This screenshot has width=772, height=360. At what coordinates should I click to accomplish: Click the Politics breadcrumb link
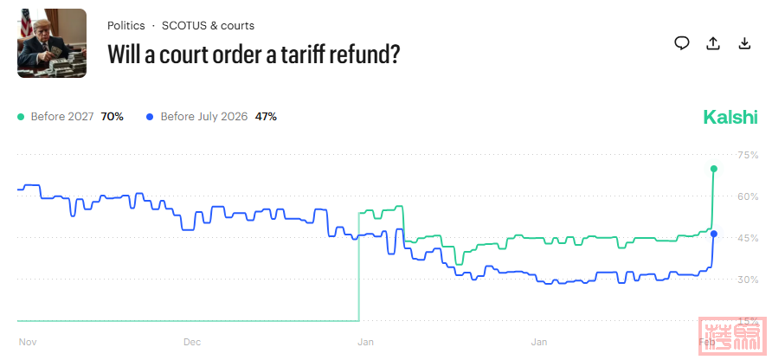pyautogui.click(x=125, y=26)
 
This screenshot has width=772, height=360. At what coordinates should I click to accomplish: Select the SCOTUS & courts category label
pyautogui.click(x=208, y=26)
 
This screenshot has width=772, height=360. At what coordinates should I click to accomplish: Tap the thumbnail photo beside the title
pyautogui.click(x=52, y=43)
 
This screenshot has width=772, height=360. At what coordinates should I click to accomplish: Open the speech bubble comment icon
pyautogui.click(x=682, y=43)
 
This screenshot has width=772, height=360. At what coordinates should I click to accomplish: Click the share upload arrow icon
pyautogui.click(x=713, y=43)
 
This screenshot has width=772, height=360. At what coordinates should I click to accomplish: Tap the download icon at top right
pyautogui.click(x=744, y=43)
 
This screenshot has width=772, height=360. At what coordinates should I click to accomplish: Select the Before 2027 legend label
pyautogui.click(x=64, y=116)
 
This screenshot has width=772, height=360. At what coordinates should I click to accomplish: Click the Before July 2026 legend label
pyautogui.click(x=203, y=116)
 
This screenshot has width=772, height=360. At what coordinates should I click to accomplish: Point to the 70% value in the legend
pyautogui.click(x=113, y=116)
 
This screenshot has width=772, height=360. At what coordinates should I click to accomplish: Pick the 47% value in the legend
pyautogui.click(x=266, y=116)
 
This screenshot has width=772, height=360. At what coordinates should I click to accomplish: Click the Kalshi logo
pyautogui.click(x=730, y=117)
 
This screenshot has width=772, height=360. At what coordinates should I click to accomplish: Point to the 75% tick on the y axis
pyautogui.click(x=747, y=155)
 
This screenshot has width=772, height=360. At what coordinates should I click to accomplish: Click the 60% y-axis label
pyautogui.click(x=747, y=196)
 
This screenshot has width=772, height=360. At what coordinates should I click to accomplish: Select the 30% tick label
pyautogui.click(x=747, y=280)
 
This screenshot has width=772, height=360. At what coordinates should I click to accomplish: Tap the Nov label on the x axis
pyautogui.click(x=27, y=342)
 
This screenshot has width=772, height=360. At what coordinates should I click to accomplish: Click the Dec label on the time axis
pyautogui.click(x=192, y=342)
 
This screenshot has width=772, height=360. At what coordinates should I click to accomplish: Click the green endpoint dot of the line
pyautogui.click(x=714, y=169)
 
